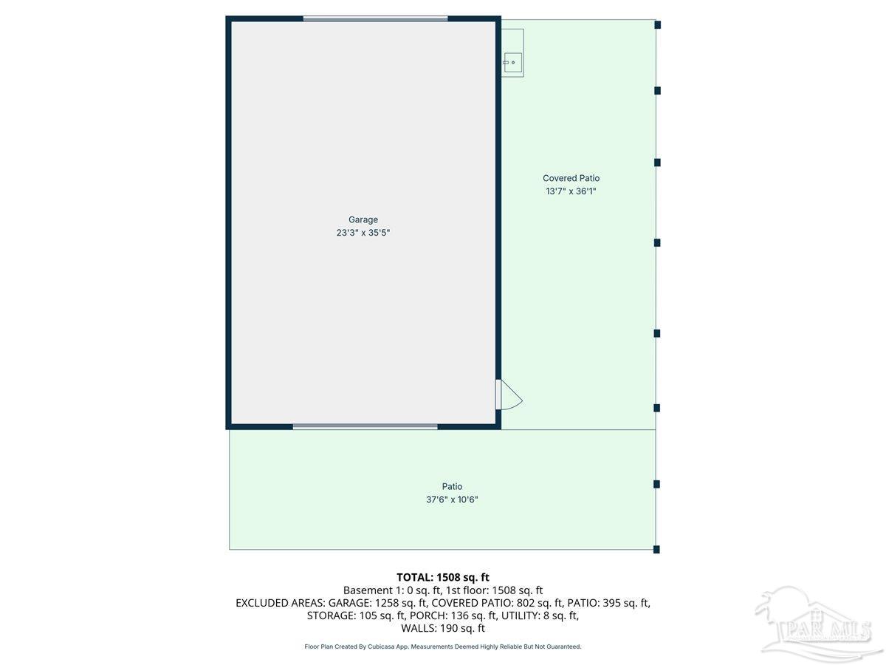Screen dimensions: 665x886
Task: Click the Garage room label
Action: (363, 219)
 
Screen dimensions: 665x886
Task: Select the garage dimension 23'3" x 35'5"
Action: (363, 233)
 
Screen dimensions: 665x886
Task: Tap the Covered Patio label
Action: (571, 178)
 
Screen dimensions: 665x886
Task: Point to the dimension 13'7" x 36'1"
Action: (571, 191)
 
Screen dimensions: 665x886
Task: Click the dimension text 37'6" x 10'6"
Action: (452, 499)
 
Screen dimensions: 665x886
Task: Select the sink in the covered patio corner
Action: (512, 63)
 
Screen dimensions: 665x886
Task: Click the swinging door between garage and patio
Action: (508, 395)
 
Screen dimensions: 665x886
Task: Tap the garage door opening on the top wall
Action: (375, 18)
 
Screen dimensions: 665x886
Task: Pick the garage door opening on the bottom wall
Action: (365, 426)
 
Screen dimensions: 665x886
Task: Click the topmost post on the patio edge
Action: (657, 24)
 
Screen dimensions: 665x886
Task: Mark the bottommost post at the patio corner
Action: (656, 549)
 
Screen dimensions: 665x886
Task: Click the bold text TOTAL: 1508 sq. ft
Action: (443, 577)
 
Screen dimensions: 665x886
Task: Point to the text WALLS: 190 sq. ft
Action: (443, 629)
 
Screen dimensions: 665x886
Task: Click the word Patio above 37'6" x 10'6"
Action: (452, 486)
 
